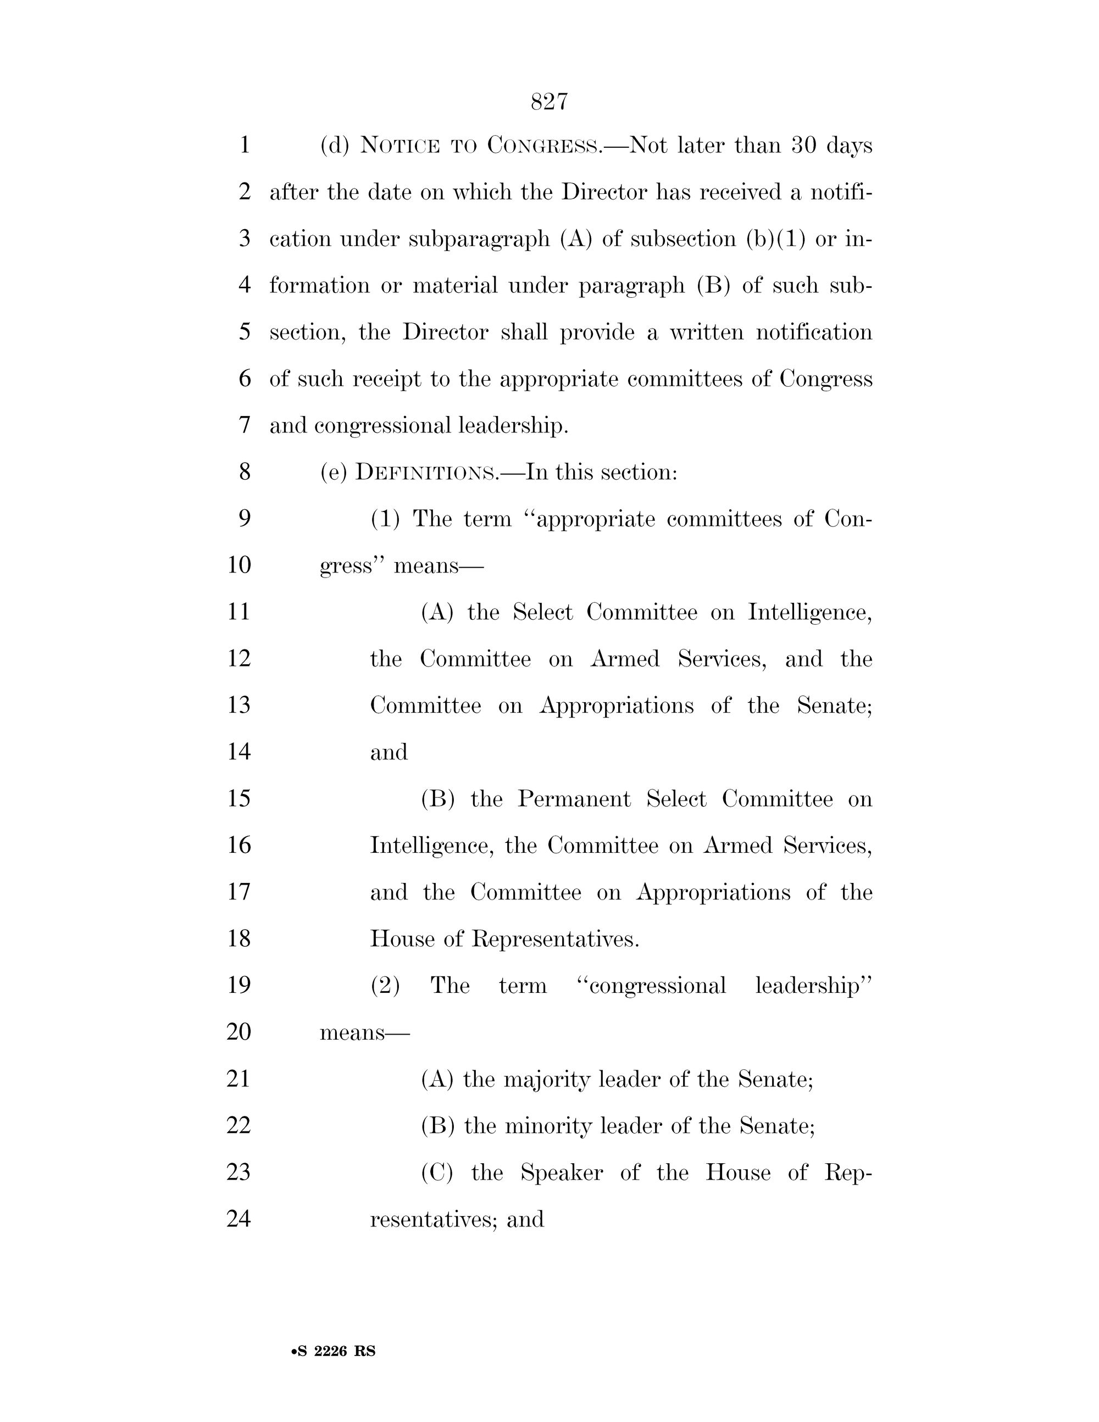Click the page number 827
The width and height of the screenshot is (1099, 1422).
[x=549, y=102]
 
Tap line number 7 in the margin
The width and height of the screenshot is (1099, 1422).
[x=245, y=425]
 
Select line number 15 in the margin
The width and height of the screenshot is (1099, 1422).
[x=239, y=798]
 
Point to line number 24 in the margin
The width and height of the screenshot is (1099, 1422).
[x=239, y=1218]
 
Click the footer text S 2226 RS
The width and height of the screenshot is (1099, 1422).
[x=334, y=1351]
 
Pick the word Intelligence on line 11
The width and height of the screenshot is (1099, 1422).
[x=809, y=613]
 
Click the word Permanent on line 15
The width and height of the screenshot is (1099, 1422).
[x=574, y=799]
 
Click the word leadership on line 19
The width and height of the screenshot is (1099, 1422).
[x=813, y=986]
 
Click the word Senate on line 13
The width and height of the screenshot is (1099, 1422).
[x=834, y=705]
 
